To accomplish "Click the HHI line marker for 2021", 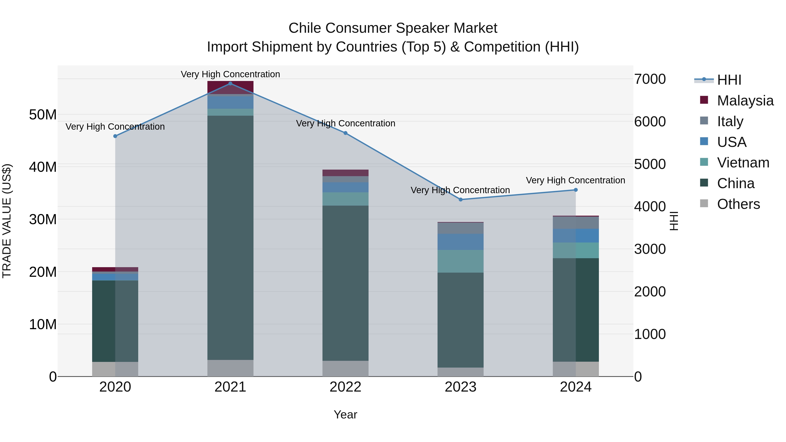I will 230,84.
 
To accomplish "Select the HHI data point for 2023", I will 461,200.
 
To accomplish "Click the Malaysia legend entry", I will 745,101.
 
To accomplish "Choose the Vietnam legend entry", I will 743,163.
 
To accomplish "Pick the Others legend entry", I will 738,204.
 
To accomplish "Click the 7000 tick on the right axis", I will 650,79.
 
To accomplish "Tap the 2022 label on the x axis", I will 345,387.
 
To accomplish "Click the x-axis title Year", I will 345,414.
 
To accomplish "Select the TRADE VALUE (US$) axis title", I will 7,221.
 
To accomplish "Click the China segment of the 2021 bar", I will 230,238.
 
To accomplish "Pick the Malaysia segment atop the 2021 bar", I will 230,88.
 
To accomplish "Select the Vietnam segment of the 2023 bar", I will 461,261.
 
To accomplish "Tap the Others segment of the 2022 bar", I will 345,368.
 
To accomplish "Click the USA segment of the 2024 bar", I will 576,236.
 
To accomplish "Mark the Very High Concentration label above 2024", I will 576,180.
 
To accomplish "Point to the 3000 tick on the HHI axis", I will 650,249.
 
